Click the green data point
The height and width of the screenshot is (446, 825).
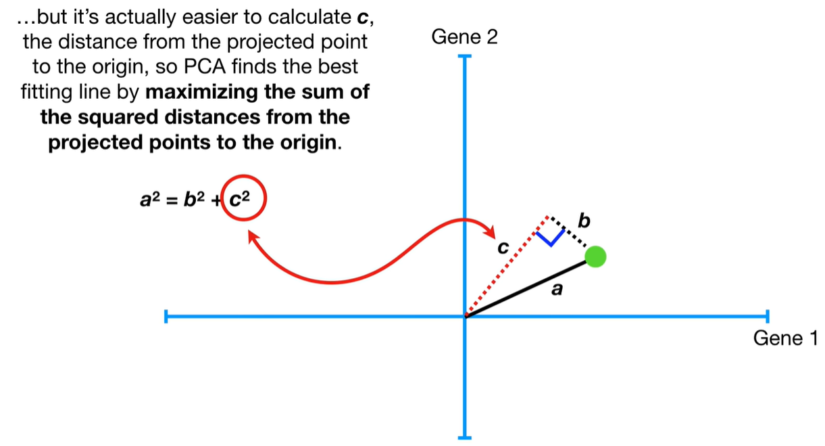click(595, 257)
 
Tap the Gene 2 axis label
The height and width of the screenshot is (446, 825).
click(464, 37)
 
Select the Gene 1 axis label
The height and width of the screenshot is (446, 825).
click(784, 338)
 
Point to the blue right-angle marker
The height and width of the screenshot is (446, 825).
click(551, 237)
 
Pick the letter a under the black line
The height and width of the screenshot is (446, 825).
click(557, 290)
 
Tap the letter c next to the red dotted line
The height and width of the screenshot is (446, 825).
click(501, 248)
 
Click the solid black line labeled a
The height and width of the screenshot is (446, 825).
click(527, 287)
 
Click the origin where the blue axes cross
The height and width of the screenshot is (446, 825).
click(465, 316)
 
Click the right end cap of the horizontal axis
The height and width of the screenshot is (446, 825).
click(768, 316)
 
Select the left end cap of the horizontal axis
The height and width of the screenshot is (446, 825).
click(166, 316)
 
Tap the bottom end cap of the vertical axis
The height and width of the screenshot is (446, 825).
click(465, 437)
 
